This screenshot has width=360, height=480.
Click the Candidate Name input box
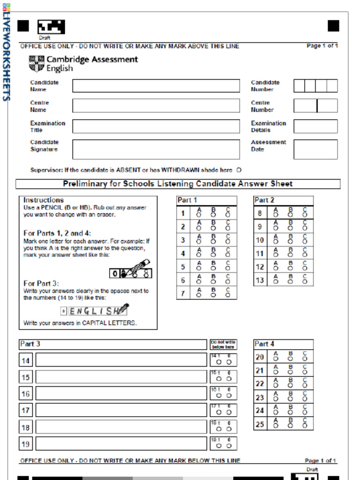pos(156,86)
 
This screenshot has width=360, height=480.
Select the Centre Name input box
pos(156,106)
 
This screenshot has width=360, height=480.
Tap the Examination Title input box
pos(156,127)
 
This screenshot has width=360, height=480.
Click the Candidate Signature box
pos(156,149)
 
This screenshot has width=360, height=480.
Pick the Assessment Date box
pos(315,149)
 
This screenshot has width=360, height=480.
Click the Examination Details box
pos(315,127)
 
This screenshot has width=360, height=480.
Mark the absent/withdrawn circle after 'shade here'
pos(239,170)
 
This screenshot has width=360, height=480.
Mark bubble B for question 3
pos(213,242)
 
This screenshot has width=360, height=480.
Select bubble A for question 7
pos(199,296)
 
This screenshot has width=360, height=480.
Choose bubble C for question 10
pos(305,242)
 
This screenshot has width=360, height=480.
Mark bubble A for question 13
pos(276,282)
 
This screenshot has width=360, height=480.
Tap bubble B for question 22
pos(290,386)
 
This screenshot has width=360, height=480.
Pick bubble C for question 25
pos(305,427)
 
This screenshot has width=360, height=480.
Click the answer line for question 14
pos(121,360)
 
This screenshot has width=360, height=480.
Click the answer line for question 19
pos(121,443)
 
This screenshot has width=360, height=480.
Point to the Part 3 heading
pos(30,344)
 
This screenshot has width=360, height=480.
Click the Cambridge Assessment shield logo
pos(36,64)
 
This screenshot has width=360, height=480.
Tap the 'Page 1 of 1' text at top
pos(322,46)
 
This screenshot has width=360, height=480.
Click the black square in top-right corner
pos(333,26)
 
